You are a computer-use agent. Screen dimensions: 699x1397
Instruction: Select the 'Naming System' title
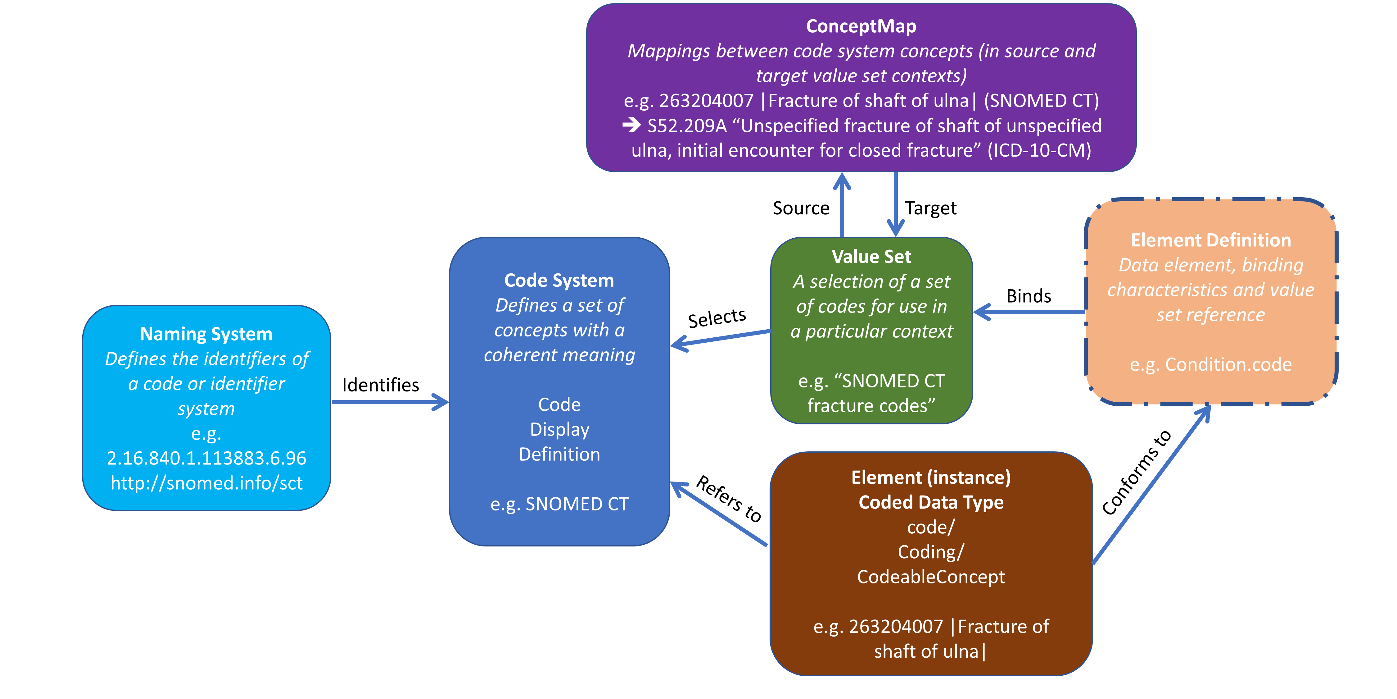206,334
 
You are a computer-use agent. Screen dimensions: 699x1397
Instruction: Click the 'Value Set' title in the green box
871,256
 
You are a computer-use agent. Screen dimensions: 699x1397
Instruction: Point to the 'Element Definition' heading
1210,240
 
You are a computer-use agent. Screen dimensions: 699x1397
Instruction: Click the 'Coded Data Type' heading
931,502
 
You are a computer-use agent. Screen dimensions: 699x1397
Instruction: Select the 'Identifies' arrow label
380,385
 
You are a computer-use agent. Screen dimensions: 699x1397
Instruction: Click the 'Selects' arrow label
717,318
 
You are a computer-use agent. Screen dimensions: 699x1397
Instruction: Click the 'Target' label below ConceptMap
931,208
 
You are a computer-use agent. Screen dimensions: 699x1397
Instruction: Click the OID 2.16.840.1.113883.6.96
206,458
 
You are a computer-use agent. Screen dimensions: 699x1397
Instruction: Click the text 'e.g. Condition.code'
1210,364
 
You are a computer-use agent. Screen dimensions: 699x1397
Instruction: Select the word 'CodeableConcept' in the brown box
931,576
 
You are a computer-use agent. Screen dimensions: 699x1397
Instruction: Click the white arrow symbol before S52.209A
631,126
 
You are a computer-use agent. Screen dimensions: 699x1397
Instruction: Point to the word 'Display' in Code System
559,429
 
